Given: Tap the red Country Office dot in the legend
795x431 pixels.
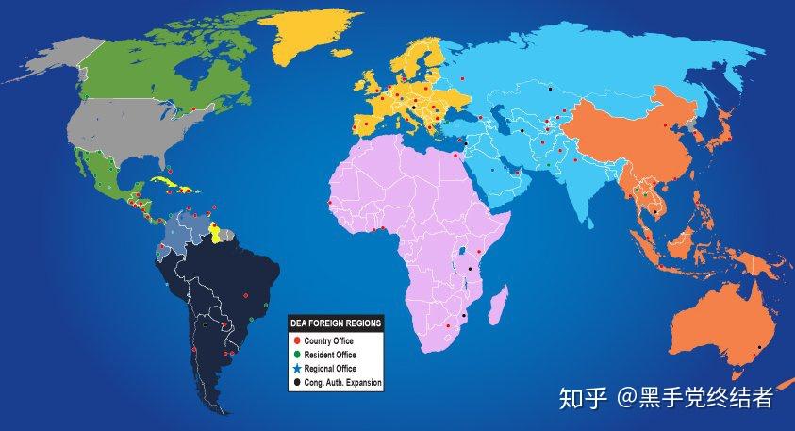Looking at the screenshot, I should pyautogui.click(x=296, y=340).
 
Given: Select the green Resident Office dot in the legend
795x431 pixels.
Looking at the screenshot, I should pyautogui.click(x=296, y=355).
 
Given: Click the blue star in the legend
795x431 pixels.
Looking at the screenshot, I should pyautogui.click(x=296, y=369).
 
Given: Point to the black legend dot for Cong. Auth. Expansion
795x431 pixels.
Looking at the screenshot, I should pyautogui.click(x=296, y=383).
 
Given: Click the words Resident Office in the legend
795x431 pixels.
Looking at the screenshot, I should pyautogui.click(x=330, y=355).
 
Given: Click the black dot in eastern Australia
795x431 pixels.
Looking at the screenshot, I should pyautogui.click(x=771, y=322).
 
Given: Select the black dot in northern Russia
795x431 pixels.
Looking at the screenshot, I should pyautogui.click(x=551, y=89).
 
